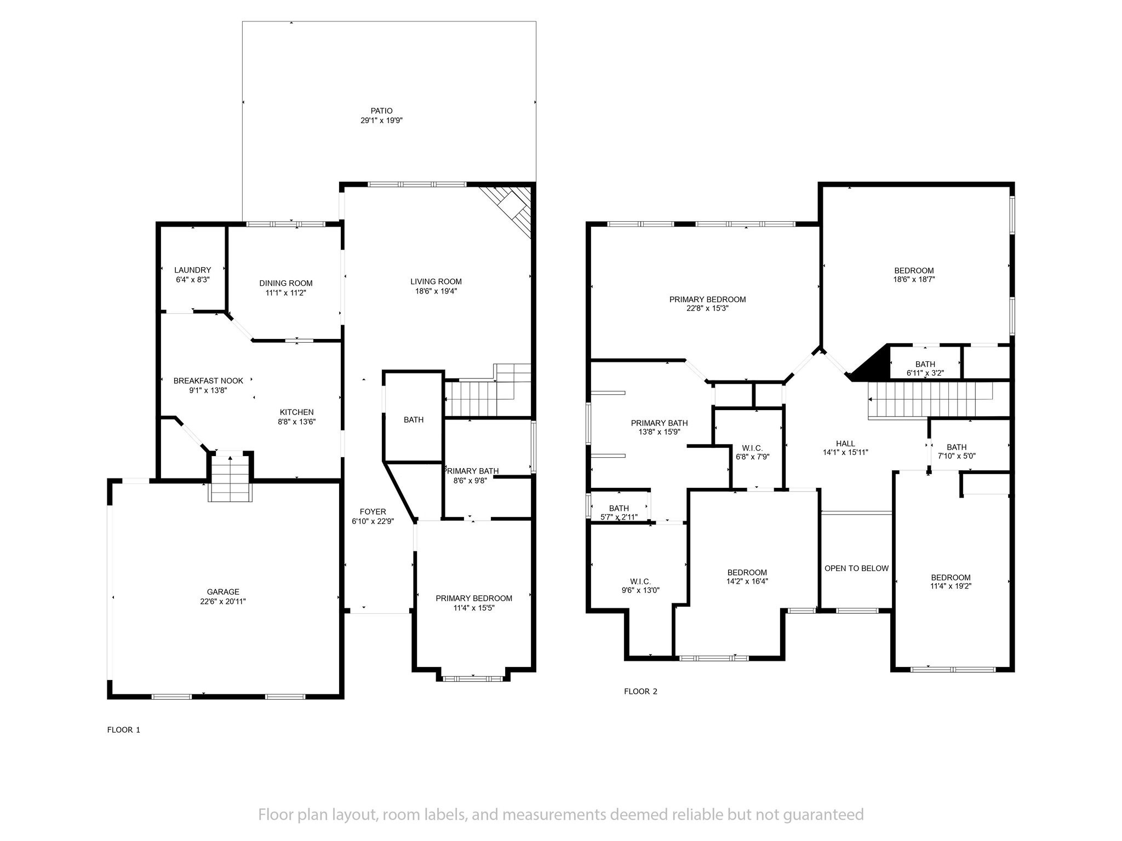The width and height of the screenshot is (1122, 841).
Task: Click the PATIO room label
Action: click(x=381, y=111)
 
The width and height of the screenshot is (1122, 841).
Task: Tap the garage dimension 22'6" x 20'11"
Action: click(x=223, y=601)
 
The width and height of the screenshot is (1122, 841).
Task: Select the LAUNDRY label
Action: click(x=192, y=270)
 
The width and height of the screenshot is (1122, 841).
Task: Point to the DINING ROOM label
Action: click(x=285, y=283)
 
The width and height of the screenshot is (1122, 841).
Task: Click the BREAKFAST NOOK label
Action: click(x=208, y=381)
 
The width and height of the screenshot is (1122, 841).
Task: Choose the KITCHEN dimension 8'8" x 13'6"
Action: click(x=296, y=422)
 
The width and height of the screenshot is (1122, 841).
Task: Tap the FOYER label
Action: click(x=373, y=512)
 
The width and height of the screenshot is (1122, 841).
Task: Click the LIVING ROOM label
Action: click(x=436, y=281)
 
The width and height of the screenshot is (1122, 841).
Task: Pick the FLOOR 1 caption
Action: click(x=124, y=730)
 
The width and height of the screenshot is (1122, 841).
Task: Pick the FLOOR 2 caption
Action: click(x=640, y=692)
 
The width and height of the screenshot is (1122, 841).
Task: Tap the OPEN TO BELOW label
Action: click(x=856, y=568)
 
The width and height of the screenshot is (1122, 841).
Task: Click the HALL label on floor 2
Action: click(x=845, y=443)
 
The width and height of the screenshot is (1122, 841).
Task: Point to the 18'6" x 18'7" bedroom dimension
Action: click(x=914, y=279)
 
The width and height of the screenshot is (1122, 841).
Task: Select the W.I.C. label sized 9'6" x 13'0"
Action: click(x=640, y=581)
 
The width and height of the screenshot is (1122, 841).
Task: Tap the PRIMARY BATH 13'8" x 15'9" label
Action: click(x=659, y=423)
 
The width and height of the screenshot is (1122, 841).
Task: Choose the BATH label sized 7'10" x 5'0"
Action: click(x=957, y=447)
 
